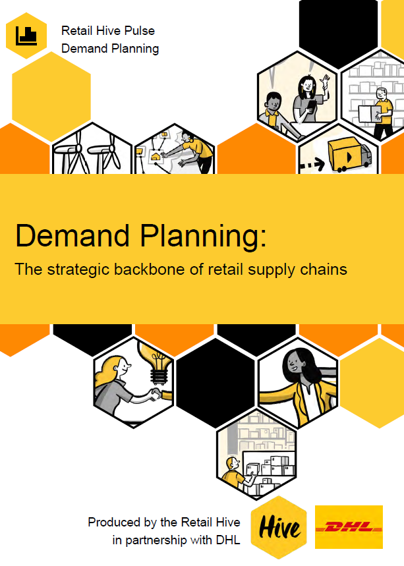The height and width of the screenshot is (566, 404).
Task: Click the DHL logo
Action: pyautogui.click(x=349, y=527)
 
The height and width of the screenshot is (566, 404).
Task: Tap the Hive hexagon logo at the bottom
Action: pyautogui.click(x=279, y=528)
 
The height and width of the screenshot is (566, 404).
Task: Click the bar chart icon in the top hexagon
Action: pyautogui.click(x=26, y=36)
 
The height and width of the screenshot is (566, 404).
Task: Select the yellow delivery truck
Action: pyautogui.click(x=349, y=156)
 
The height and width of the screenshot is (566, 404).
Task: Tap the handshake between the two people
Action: pyautogui.click(x=156, y=393)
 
